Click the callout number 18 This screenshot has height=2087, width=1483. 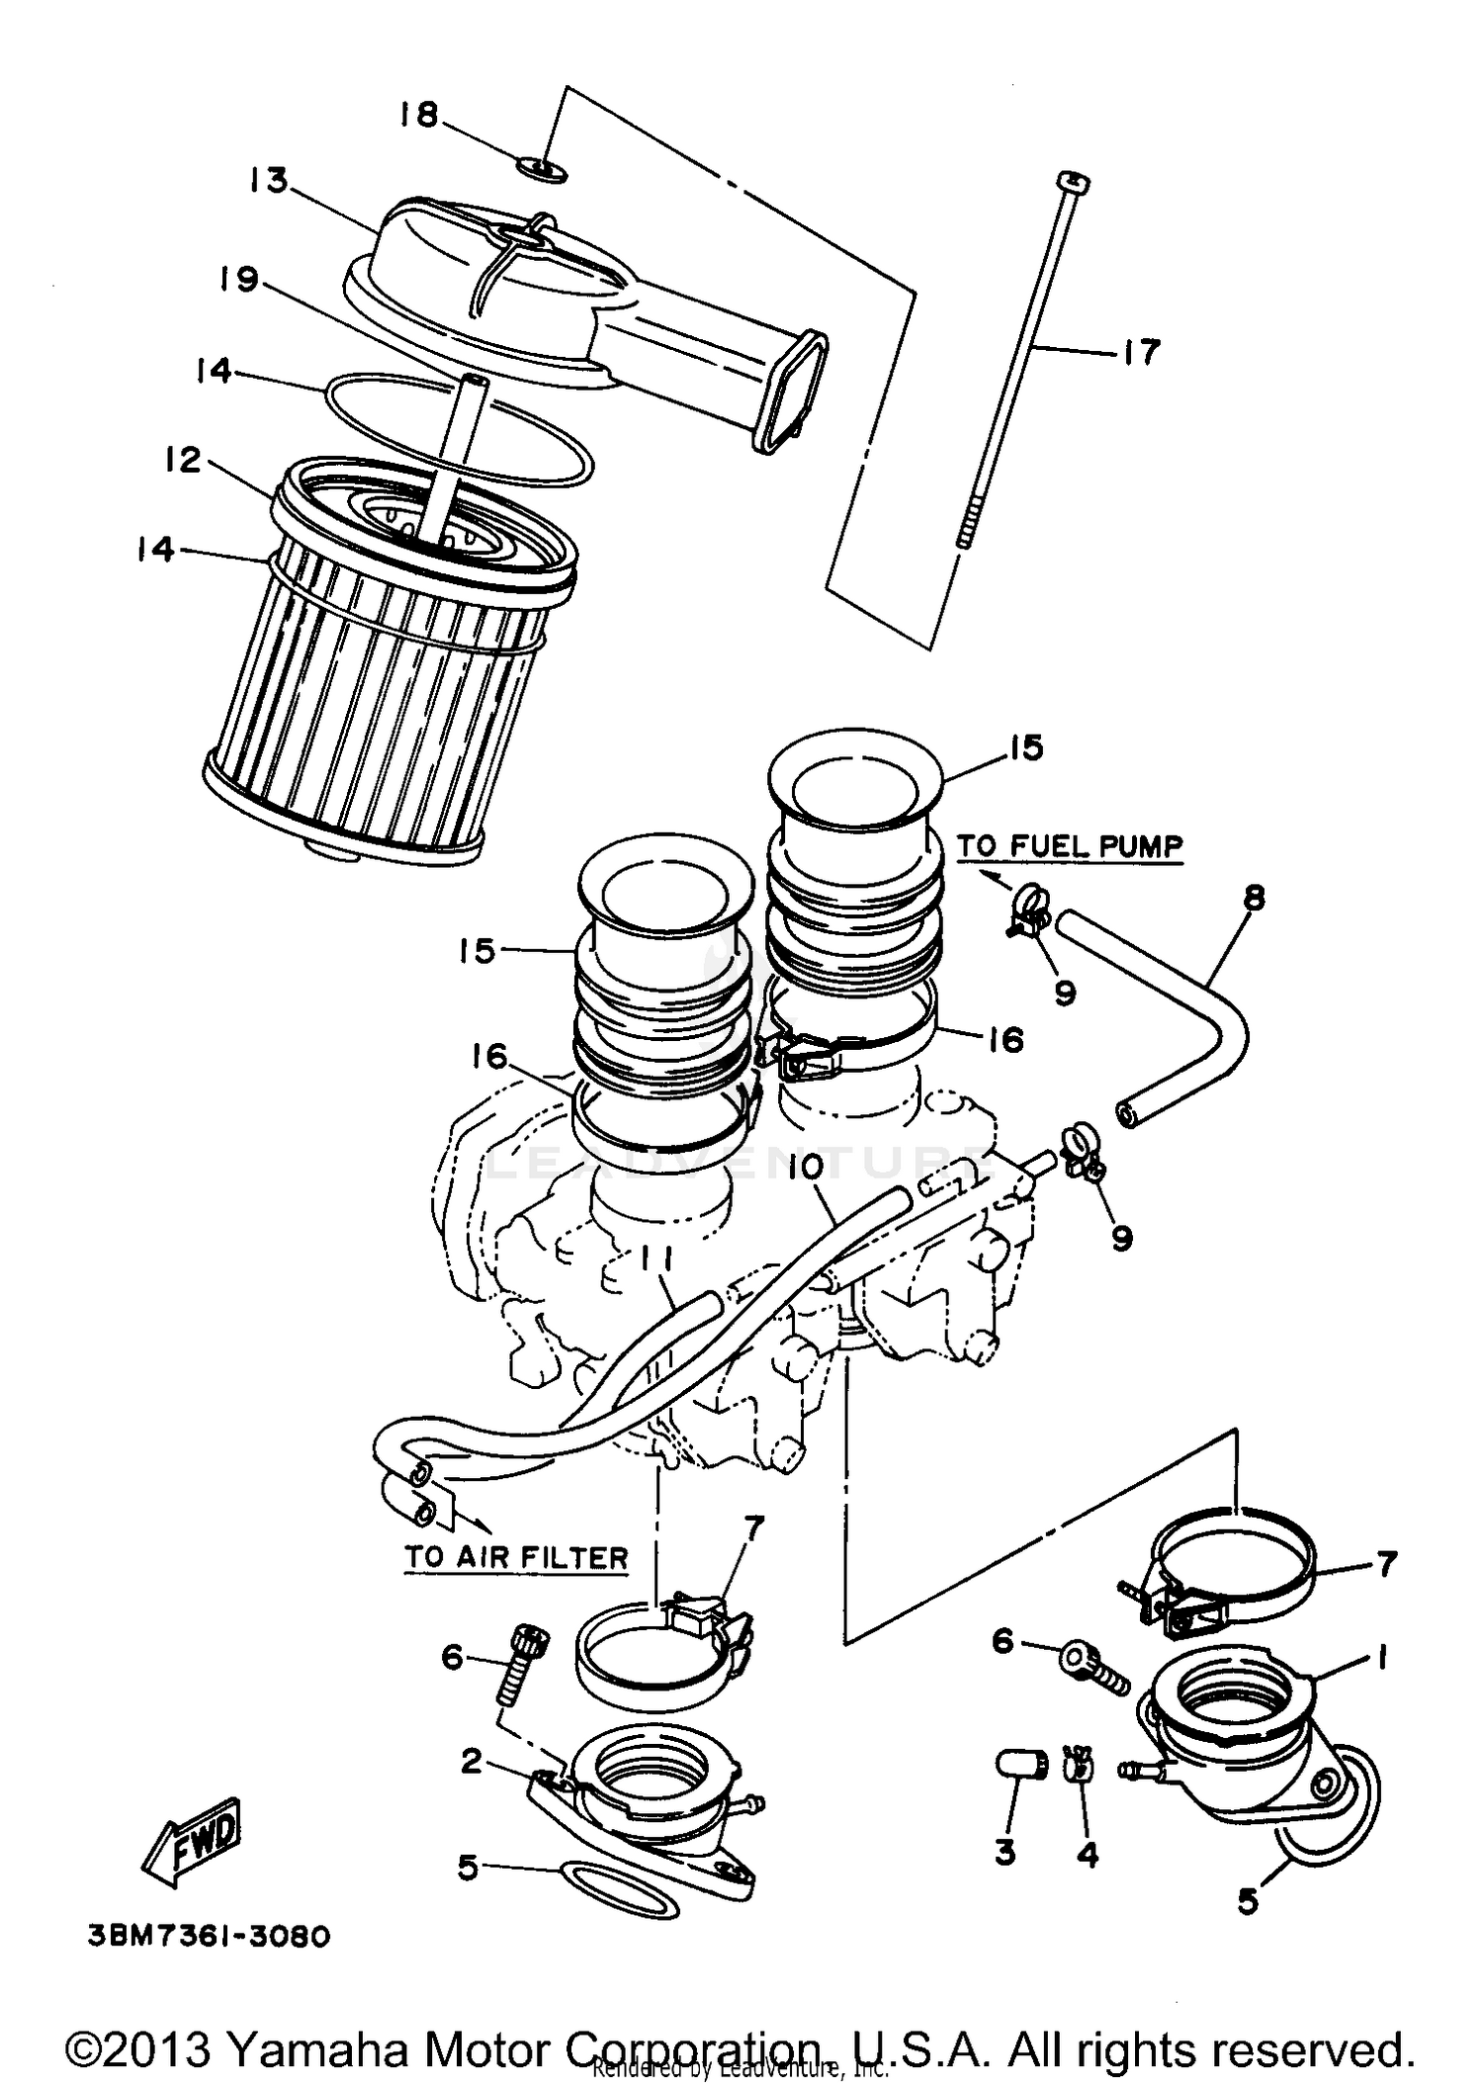pos(418,115)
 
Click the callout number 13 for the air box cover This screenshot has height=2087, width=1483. pos(268,181)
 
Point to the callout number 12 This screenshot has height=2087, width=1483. pos(184,460)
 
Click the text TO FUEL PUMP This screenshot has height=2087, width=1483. pos(1069,846)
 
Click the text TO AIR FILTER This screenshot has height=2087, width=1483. pos(516,1557)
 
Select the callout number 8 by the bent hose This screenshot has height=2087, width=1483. pos(1254,898)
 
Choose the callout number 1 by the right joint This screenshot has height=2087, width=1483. pos(1381,1658)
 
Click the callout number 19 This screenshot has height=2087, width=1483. pos(239,280)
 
